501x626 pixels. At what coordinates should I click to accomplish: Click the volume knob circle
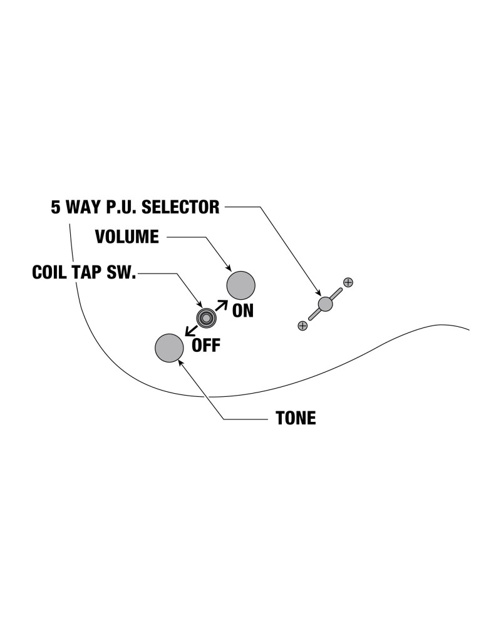tap(241, 286)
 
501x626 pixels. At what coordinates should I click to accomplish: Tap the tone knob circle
tap(169, 348)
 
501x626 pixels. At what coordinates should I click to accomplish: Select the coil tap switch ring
tap(205, 318)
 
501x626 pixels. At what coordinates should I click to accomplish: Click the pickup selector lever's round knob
tap(325, 304)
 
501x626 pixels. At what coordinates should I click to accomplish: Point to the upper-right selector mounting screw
tap(349, 282)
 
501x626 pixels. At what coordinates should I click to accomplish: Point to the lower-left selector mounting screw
tap(302, 326)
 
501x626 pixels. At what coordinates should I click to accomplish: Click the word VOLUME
tap(127, 237)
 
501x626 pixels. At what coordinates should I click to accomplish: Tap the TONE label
tap(296, 418)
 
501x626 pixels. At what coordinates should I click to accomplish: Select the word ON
tap(243, 311)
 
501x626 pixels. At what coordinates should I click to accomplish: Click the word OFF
tap(206, 346)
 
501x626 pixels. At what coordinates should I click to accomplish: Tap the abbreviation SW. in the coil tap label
tap(122, 274)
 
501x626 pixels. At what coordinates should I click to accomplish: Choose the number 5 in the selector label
tap(56, 207)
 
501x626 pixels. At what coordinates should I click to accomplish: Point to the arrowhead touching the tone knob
tap(181, 362)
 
